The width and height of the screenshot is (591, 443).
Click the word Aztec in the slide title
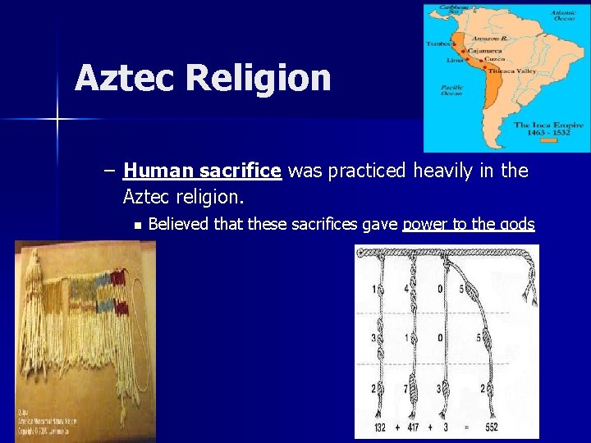coord(125,79)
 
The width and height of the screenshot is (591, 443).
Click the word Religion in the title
coord(258,79)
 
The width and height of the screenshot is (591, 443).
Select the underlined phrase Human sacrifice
coord(202,171)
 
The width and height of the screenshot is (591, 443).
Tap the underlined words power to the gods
coord(468,225)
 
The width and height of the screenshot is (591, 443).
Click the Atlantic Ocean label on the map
coord(564,16)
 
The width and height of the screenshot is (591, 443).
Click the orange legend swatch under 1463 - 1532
coord(548,140)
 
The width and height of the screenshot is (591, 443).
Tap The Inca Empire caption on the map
coord(548,126)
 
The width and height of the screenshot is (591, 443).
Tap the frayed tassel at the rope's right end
coord(531,291)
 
